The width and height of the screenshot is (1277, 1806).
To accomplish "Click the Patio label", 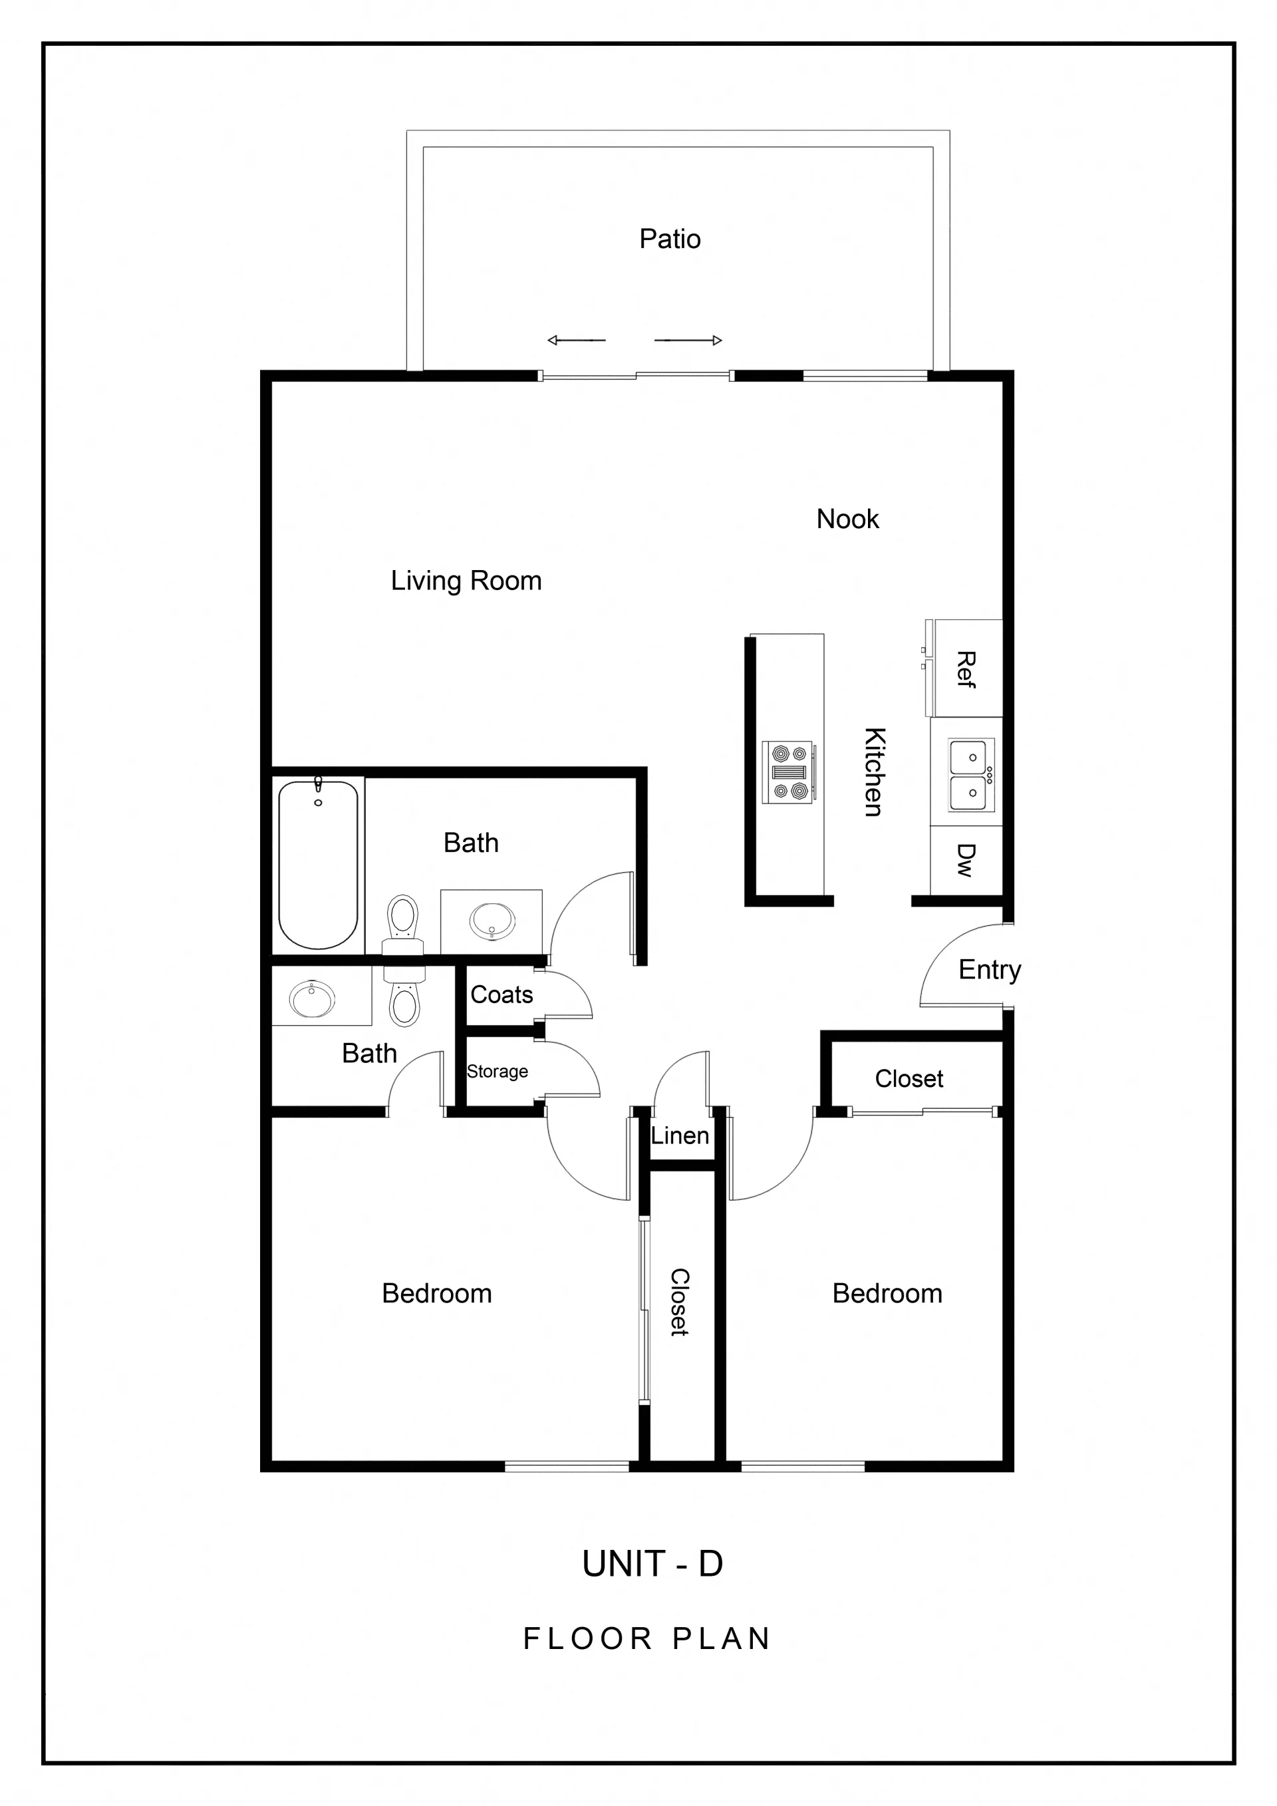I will coord(669,238).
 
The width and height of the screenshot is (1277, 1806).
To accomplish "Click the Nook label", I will coord(847,519).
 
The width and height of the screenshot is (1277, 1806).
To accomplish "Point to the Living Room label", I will coord(466,581).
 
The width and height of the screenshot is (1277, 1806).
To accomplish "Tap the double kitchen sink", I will coord(971,775).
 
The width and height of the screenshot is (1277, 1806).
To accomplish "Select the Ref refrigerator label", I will coord(965,670).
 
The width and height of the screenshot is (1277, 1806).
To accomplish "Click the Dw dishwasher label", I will coord(965,859).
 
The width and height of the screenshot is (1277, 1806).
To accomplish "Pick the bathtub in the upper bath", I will coord(318,865).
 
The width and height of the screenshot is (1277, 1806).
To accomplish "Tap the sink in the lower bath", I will coord(312,1000).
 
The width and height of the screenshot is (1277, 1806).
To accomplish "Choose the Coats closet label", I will coord(501,995).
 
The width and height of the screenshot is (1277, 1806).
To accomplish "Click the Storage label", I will coord(497,1072).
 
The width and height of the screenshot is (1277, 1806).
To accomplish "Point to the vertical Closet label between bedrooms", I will coord(679,1302).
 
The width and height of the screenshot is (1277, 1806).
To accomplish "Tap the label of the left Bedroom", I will coord(436,1294).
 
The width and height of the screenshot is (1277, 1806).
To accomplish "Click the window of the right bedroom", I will coord(803,1466).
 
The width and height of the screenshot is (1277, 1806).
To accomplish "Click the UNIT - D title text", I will coord(652,1564).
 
